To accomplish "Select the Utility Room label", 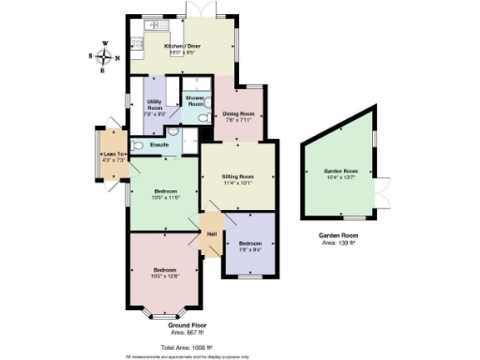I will click(x=156, y=103).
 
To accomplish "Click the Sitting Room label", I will click(x=238, y=176).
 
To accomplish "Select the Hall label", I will click(x=212, y=232).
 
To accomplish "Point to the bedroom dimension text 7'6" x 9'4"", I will click(x=250, y=248).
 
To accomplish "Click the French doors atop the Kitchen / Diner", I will click(x=198, y=8).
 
